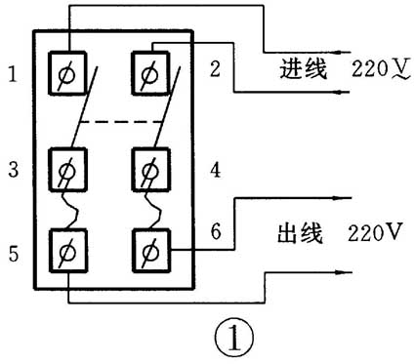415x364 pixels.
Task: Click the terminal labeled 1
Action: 68,71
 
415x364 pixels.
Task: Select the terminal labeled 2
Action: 149,71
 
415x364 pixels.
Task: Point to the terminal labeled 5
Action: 68,251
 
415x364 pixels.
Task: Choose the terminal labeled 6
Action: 149,251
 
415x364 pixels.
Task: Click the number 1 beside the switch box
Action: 11,73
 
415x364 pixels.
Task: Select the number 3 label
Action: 11,170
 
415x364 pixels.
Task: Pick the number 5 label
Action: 11,256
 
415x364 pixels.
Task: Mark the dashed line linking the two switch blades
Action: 108,121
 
